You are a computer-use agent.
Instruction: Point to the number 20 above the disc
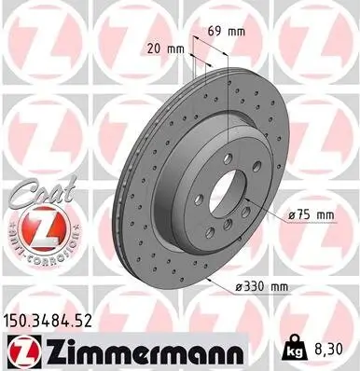point(152,46)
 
